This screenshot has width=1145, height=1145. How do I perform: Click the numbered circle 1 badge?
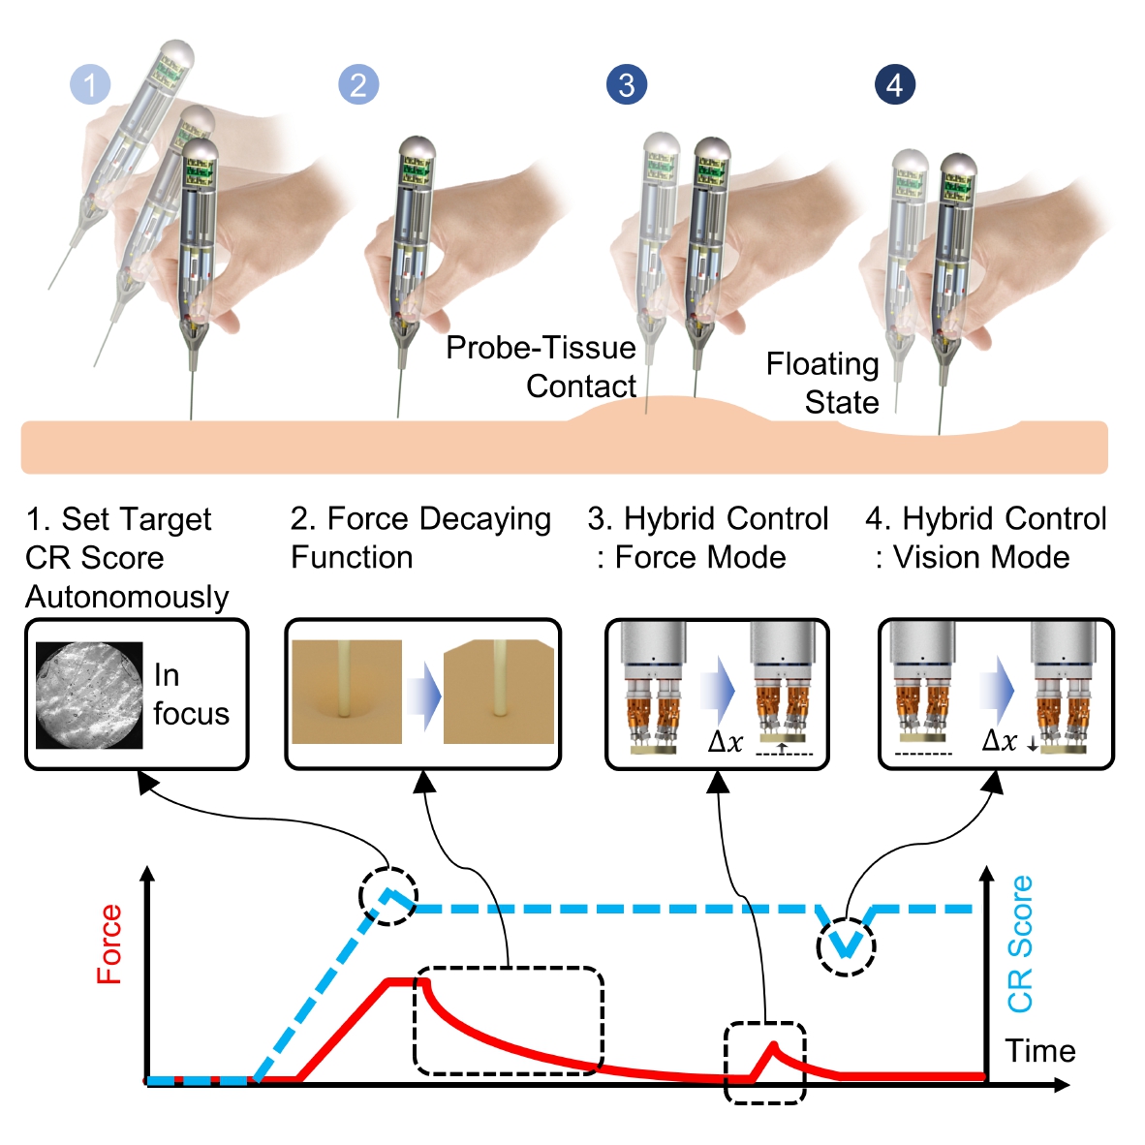[x=90, y=85]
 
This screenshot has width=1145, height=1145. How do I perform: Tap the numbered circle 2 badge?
[x=358, y=85]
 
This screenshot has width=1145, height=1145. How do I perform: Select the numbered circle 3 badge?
[x=627, y=85]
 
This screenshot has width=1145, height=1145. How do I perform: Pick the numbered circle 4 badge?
[x=894, y=85]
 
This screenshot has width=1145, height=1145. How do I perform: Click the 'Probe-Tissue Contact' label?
[x=541, y=367]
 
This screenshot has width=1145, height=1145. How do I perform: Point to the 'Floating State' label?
[x=822, y=383]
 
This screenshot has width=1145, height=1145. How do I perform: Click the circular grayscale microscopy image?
[x=89, y=695]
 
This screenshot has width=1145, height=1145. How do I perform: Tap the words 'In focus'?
[x=190, y=695]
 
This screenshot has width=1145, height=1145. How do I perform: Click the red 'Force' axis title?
[x=109, y=944]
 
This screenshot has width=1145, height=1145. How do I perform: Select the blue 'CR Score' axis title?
[x=1020, y=944]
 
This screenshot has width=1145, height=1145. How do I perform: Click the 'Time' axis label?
[x=1039, y=1051]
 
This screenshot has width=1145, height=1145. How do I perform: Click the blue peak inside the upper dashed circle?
[x=389, y=893]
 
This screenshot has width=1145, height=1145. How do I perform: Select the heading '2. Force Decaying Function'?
[x=420, y=538]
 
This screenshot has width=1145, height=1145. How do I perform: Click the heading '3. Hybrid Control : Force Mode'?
[x=707, y=538]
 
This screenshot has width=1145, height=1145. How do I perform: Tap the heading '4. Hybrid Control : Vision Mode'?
[x=985, y=538]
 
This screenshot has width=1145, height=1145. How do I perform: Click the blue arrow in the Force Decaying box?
[x=422, y=695]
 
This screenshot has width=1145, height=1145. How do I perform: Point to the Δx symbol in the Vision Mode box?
[x=1000, y=741]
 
